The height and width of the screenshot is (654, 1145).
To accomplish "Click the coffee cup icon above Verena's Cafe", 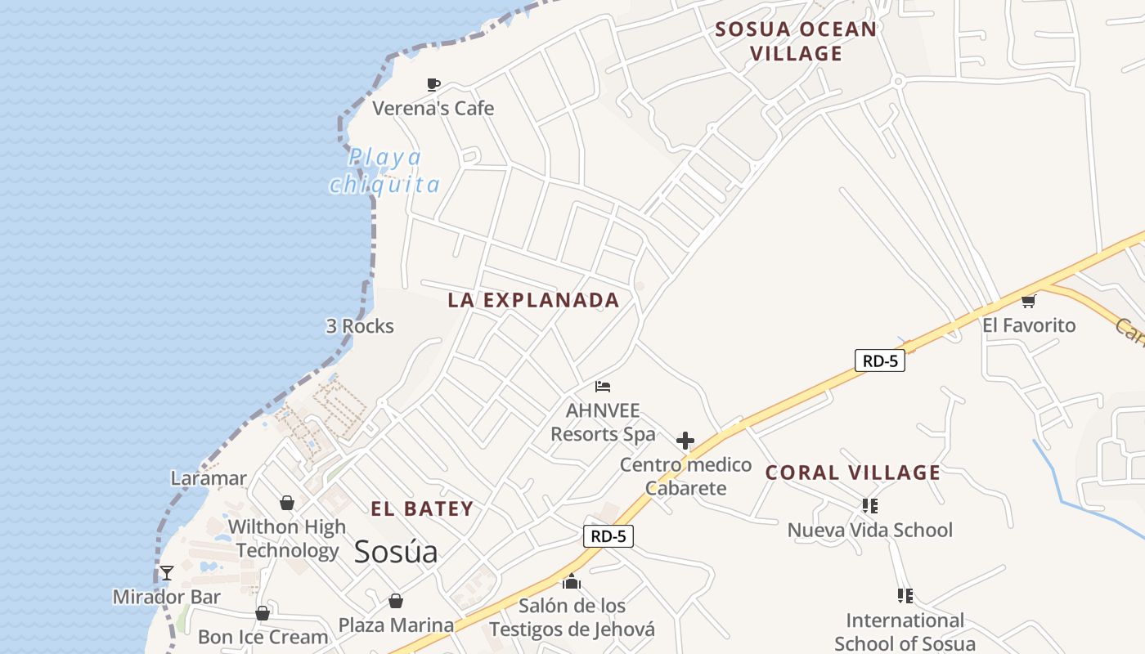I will tap(433, 84).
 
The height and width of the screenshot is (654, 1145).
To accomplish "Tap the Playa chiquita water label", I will tap(384, 171).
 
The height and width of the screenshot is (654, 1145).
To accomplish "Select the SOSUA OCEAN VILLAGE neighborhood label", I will tap(796, 42).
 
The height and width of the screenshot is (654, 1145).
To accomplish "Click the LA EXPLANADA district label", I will tap(533, 300).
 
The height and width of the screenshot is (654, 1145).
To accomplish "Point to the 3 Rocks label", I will tap(360, 326).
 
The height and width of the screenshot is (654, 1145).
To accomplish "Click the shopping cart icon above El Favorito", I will tap(1029, 301).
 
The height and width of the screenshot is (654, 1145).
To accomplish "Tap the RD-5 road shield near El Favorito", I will tap(880, 361).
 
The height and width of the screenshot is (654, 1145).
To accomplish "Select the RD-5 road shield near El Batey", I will tap(608, 536).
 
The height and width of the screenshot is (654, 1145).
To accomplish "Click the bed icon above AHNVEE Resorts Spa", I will tap(603, 387).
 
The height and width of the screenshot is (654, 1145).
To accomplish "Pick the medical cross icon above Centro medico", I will tap(685, 441).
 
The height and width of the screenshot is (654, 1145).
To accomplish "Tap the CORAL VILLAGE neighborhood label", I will tap(853, 473).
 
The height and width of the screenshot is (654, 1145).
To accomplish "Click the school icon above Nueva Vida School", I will tap(869, 506).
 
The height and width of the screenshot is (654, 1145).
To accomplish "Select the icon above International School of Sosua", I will tap(905, 596).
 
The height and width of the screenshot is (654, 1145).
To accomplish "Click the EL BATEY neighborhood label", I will tap(422, 508).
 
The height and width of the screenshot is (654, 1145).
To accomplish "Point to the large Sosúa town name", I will tap(396, 552).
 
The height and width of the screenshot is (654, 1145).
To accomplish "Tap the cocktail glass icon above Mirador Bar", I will tap(167, 573).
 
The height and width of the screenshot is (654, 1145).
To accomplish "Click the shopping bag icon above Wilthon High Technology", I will tap(286, 502).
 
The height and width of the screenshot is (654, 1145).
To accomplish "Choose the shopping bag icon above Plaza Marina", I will tap(396, 602).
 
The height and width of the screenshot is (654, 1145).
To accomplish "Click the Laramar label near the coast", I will tap(209, 478).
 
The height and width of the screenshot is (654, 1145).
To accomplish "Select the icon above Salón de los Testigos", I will tap(572, 582).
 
